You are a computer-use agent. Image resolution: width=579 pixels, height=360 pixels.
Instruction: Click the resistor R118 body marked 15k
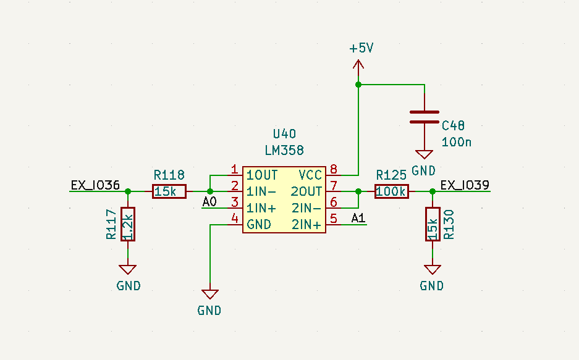pyautogui.click(x=169, y=192)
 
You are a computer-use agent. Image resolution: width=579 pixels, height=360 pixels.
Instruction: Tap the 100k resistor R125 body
pyautogui.click(x=391, y=192)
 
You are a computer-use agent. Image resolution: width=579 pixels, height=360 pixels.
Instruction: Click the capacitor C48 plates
pyautogui.click(x=425, y=117)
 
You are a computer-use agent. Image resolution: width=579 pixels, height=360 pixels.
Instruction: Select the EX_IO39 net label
pyautogui.click(x=465, y=185)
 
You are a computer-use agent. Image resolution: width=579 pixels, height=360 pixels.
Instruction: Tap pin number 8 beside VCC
pyautogui.click(x=334, y=169)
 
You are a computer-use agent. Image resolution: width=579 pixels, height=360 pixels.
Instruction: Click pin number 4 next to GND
pyautogui.click(x=234, y=218)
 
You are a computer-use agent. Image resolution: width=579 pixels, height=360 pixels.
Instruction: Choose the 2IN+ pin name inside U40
pyautogui.click(x=306, y=225)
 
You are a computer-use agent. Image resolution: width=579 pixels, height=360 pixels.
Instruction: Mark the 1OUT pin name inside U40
pyautogui.click(x=262, y=175)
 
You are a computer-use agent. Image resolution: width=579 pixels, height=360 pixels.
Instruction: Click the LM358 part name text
pyautogui.click(x=284, y=150)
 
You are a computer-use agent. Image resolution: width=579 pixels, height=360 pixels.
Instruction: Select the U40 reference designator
pyautogui.click(x=284, y=134)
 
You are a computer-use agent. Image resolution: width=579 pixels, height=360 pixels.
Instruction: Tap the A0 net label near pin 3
pyautogui.click(x=209, y=202)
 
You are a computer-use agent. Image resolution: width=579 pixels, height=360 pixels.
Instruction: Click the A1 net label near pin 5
pyautogui.click(x=358, y=217)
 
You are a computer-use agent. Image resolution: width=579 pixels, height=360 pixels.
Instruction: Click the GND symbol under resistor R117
pyautogui.click(x=128, y=270)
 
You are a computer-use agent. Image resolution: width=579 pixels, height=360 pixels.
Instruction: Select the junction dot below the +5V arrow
pyautogui.click(x=358, y=85)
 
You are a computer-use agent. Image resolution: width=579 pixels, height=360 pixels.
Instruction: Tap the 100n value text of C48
pyautogui.click(x=457, y=142)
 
